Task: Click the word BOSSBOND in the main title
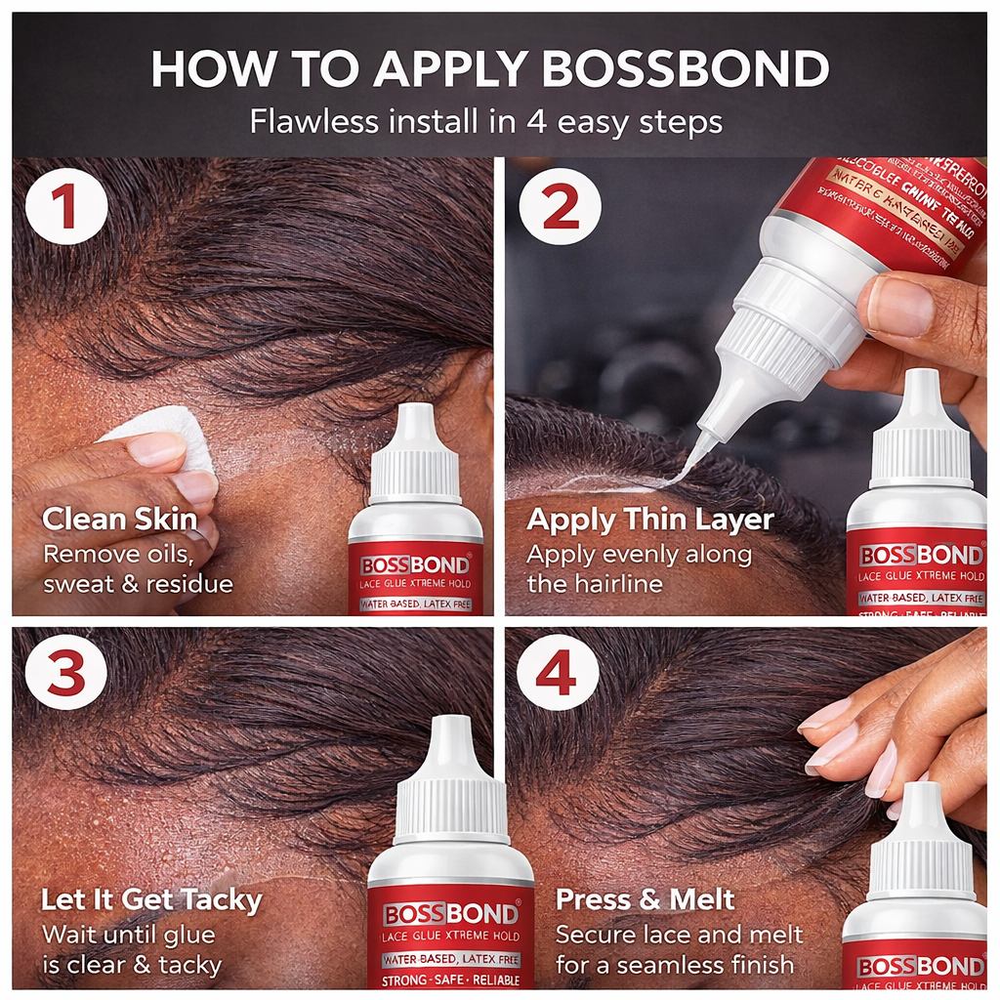tap(685, 68)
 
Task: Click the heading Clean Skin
tap(119, 519)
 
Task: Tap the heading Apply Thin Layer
tap(649, 520)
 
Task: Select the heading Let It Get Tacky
tap(151, 899)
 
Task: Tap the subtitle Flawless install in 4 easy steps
tap(485, 122)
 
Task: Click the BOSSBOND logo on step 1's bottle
tap(415, 565)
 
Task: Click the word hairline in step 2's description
tap(621, 584)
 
